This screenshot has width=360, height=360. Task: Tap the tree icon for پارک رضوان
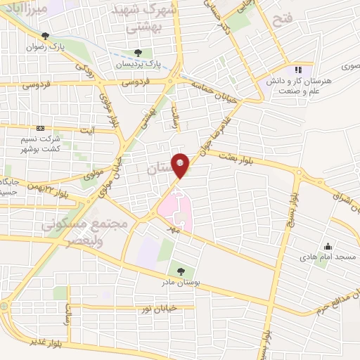pyautogui.click(x=46, y=36)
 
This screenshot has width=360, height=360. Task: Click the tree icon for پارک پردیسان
pyautogui.click(x=138, y=52)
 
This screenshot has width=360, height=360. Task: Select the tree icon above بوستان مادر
pyautogui.click(x=182, y=270)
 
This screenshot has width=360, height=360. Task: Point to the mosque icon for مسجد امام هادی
pyautogui.click(x=328, y=246)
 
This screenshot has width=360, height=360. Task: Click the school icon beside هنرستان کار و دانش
pyautogui.click(x=298, y=70)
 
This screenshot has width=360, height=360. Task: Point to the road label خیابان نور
pyautogui.click(x=157, y=308)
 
